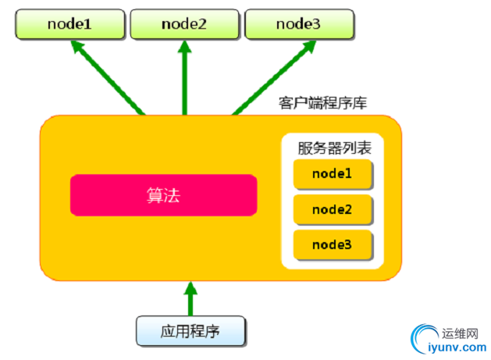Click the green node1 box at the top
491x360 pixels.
coord(69,23)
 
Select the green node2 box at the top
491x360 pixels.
coord(184,23)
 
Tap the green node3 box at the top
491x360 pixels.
coord(298,23)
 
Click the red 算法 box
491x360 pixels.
coord(164,195)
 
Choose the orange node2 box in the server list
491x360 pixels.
coord(332,210)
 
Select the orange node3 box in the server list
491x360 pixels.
coord(332,244)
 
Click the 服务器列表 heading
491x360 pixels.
coord(332,148)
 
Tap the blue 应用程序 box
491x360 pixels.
coord(191,331)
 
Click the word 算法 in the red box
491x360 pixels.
coord(164,195)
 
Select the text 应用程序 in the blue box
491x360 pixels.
coord(191,331)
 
